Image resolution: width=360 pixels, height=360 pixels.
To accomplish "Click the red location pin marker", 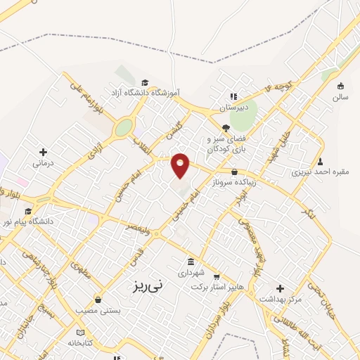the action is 181,165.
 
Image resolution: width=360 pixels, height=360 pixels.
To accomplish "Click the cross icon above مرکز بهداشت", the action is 280,288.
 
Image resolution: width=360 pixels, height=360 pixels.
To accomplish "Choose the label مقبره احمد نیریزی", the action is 320,172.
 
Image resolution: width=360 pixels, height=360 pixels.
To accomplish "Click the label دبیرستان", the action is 233,108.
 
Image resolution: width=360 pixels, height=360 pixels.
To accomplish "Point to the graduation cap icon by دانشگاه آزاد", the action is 145,82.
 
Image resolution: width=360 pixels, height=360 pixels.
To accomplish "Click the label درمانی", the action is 43,163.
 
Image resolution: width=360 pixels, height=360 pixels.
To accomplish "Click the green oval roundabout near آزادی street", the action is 124,127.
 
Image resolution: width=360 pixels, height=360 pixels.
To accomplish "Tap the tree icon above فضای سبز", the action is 225,127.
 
